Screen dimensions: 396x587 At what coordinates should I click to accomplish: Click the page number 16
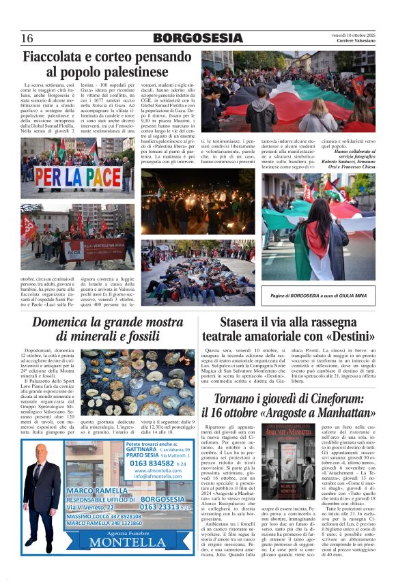27,38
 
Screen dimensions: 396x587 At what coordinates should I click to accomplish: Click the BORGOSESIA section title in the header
197,38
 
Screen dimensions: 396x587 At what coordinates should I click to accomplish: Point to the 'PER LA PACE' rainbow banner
76,178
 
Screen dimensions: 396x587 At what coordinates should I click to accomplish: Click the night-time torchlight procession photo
198,202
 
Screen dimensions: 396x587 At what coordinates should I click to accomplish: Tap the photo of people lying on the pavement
198,263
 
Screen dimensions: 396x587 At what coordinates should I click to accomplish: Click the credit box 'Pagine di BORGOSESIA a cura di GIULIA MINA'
317,294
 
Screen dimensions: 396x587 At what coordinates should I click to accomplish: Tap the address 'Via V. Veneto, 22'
91,507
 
